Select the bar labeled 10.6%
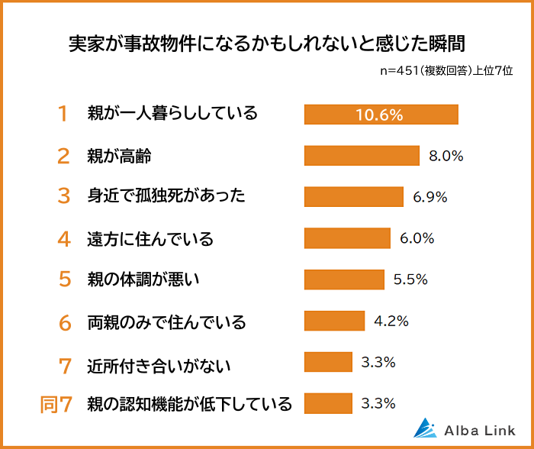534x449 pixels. pos(381,115)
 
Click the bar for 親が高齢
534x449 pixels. pos(362,156)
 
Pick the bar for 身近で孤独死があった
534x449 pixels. pos(353,197)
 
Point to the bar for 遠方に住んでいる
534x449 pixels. pos(347,238)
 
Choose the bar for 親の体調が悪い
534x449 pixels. pos(344,279)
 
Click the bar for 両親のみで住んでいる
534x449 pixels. pos(333,321)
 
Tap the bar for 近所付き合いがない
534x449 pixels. pos(328,362)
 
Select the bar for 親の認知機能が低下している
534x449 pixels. pos(328,402)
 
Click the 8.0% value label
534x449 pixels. pos(446,156)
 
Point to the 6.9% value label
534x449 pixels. pos(430,197)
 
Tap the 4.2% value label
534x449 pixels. pos(391,321)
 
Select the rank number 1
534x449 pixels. pos(63,115)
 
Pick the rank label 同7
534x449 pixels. pos(56,403)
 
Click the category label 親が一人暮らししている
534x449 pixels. pos(172,115)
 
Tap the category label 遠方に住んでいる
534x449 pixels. pos(150,238)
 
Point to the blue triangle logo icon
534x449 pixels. pos(424,428)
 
